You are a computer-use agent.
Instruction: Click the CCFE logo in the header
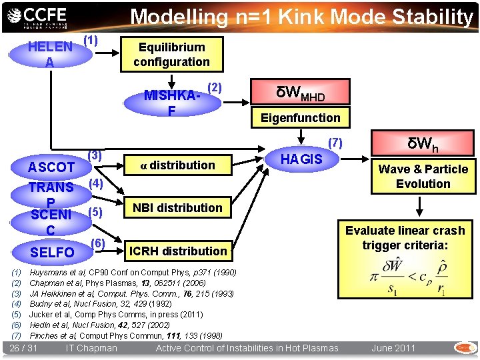point(43,16)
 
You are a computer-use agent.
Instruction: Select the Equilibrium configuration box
point(171,55)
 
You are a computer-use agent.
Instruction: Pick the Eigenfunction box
point(301,118)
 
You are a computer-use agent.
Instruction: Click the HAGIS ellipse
point(301,159)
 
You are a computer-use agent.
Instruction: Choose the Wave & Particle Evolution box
point(423,177)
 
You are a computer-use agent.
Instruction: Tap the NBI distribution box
point(177,207)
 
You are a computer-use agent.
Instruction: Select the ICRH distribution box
point(177,251)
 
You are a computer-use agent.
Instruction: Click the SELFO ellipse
point(53,253)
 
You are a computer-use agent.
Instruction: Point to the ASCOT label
point(51,167)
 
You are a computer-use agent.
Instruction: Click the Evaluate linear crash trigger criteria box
point(405,238)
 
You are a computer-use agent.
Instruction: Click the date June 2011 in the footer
point(393,348)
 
